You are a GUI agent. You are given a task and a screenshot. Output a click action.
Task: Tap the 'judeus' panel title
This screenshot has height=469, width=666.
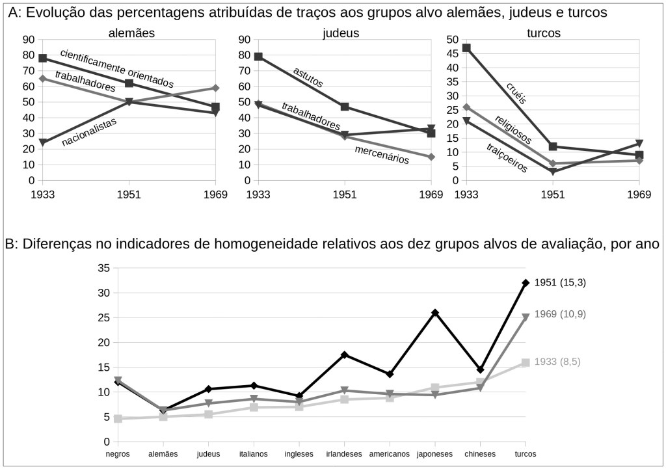tap(341, 33)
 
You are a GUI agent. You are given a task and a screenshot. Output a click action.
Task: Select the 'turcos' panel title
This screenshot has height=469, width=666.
tap(544, 33)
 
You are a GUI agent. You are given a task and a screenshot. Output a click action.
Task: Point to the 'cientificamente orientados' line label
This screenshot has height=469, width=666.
tap(117, 68)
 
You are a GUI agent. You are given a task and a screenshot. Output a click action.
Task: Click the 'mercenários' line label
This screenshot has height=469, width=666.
tap(382, 155)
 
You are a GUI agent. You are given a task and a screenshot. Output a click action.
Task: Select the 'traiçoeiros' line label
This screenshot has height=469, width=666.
tap(507, 157)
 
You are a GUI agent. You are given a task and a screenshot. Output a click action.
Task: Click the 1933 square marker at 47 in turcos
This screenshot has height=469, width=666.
tap(466, 48)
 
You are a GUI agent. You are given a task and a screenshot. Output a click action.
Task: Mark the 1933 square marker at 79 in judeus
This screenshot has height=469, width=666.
tap(258, 57)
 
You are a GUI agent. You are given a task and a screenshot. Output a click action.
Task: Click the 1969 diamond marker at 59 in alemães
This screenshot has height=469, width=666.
tap(215, 88)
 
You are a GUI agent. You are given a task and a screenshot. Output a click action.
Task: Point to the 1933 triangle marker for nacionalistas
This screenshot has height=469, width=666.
tap(43, 142)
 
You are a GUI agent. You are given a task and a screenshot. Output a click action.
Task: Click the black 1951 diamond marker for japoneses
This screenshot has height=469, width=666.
tap(435, 313)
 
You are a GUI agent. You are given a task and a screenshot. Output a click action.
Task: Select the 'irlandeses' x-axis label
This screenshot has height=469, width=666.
tap(343, 454)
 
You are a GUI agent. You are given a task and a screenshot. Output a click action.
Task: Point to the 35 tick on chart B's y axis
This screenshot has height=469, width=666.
tap(103, 268)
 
